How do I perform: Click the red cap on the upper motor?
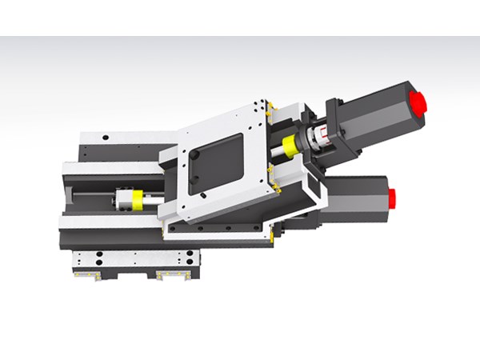pos(418,102)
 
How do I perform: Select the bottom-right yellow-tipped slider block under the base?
pos(171,275)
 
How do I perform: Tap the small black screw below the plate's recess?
pos(205,194)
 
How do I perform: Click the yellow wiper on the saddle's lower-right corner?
pos(275,232)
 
